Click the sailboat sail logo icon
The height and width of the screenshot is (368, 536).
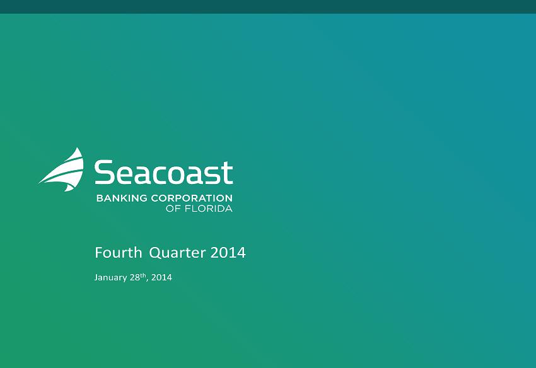(x=65, y=171)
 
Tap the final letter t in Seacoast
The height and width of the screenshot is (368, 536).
(x=227, y=173)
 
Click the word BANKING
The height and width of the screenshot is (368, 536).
(x=122, y=198)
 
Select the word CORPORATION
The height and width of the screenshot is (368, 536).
(x=192, y=198)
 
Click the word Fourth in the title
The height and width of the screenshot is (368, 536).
(x=118, y=253)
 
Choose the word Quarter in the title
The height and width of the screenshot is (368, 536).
(x=177, y=253)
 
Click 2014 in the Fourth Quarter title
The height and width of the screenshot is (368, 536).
(x=228, y=253)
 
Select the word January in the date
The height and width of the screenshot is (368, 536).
(x=110, y=277)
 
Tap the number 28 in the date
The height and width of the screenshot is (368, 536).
(x=134, y=277)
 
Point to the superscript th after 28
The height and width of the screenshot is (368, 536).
(x=143, y=275)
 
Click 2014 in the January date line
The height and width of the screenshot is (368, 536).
(x=161, y=277)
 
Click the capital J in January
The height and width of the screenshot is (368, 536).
(x=96, y=277)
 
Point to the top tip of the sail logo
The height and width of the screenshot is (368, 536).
(x=79, y=147)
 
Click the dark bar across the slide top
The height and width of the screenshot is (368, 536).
(x=268, y=7)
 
